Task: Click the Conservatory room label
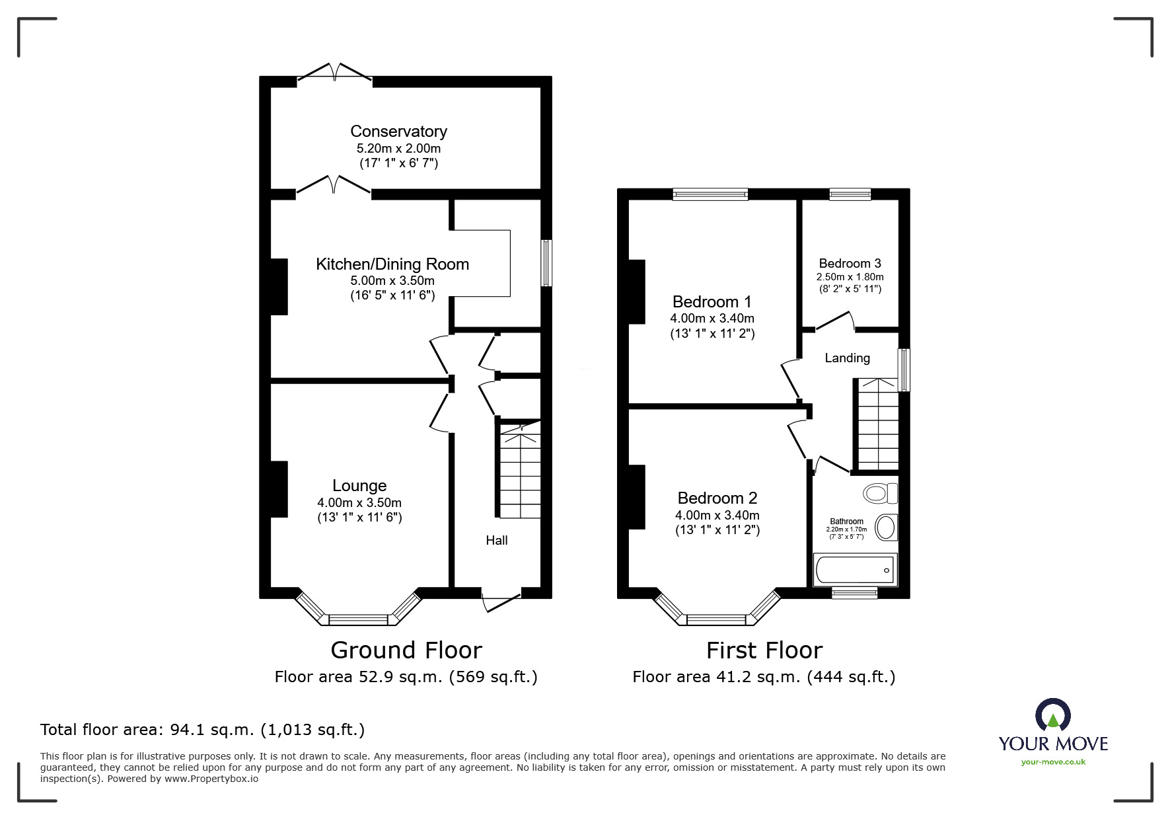398,132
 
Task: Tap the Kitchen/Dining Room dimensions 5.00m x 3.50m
392,280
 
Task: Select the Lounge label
359,486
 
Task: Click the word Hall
497,540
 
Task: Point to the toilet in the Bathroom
880,493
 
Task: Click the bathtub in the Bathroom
855,570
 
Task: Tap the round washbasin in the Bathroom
885,527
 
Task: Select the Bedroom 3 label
850,263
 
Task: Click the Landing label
847,358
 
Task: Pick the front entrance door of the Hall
501,600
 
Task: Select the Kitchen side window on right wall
546,263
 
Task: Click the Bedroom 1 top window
710,194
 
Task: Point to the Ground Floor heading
406,650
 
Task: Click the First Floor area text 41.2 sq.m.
764,676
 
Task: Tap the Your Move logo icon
1052,716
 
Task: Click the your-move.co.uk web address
1053,762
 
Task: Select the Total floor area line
202,730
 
